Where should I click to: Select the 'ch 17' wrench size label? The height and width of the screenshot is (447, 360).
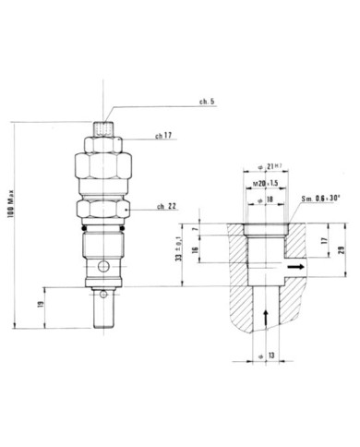pyautogui.click(x=163, y=137)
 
